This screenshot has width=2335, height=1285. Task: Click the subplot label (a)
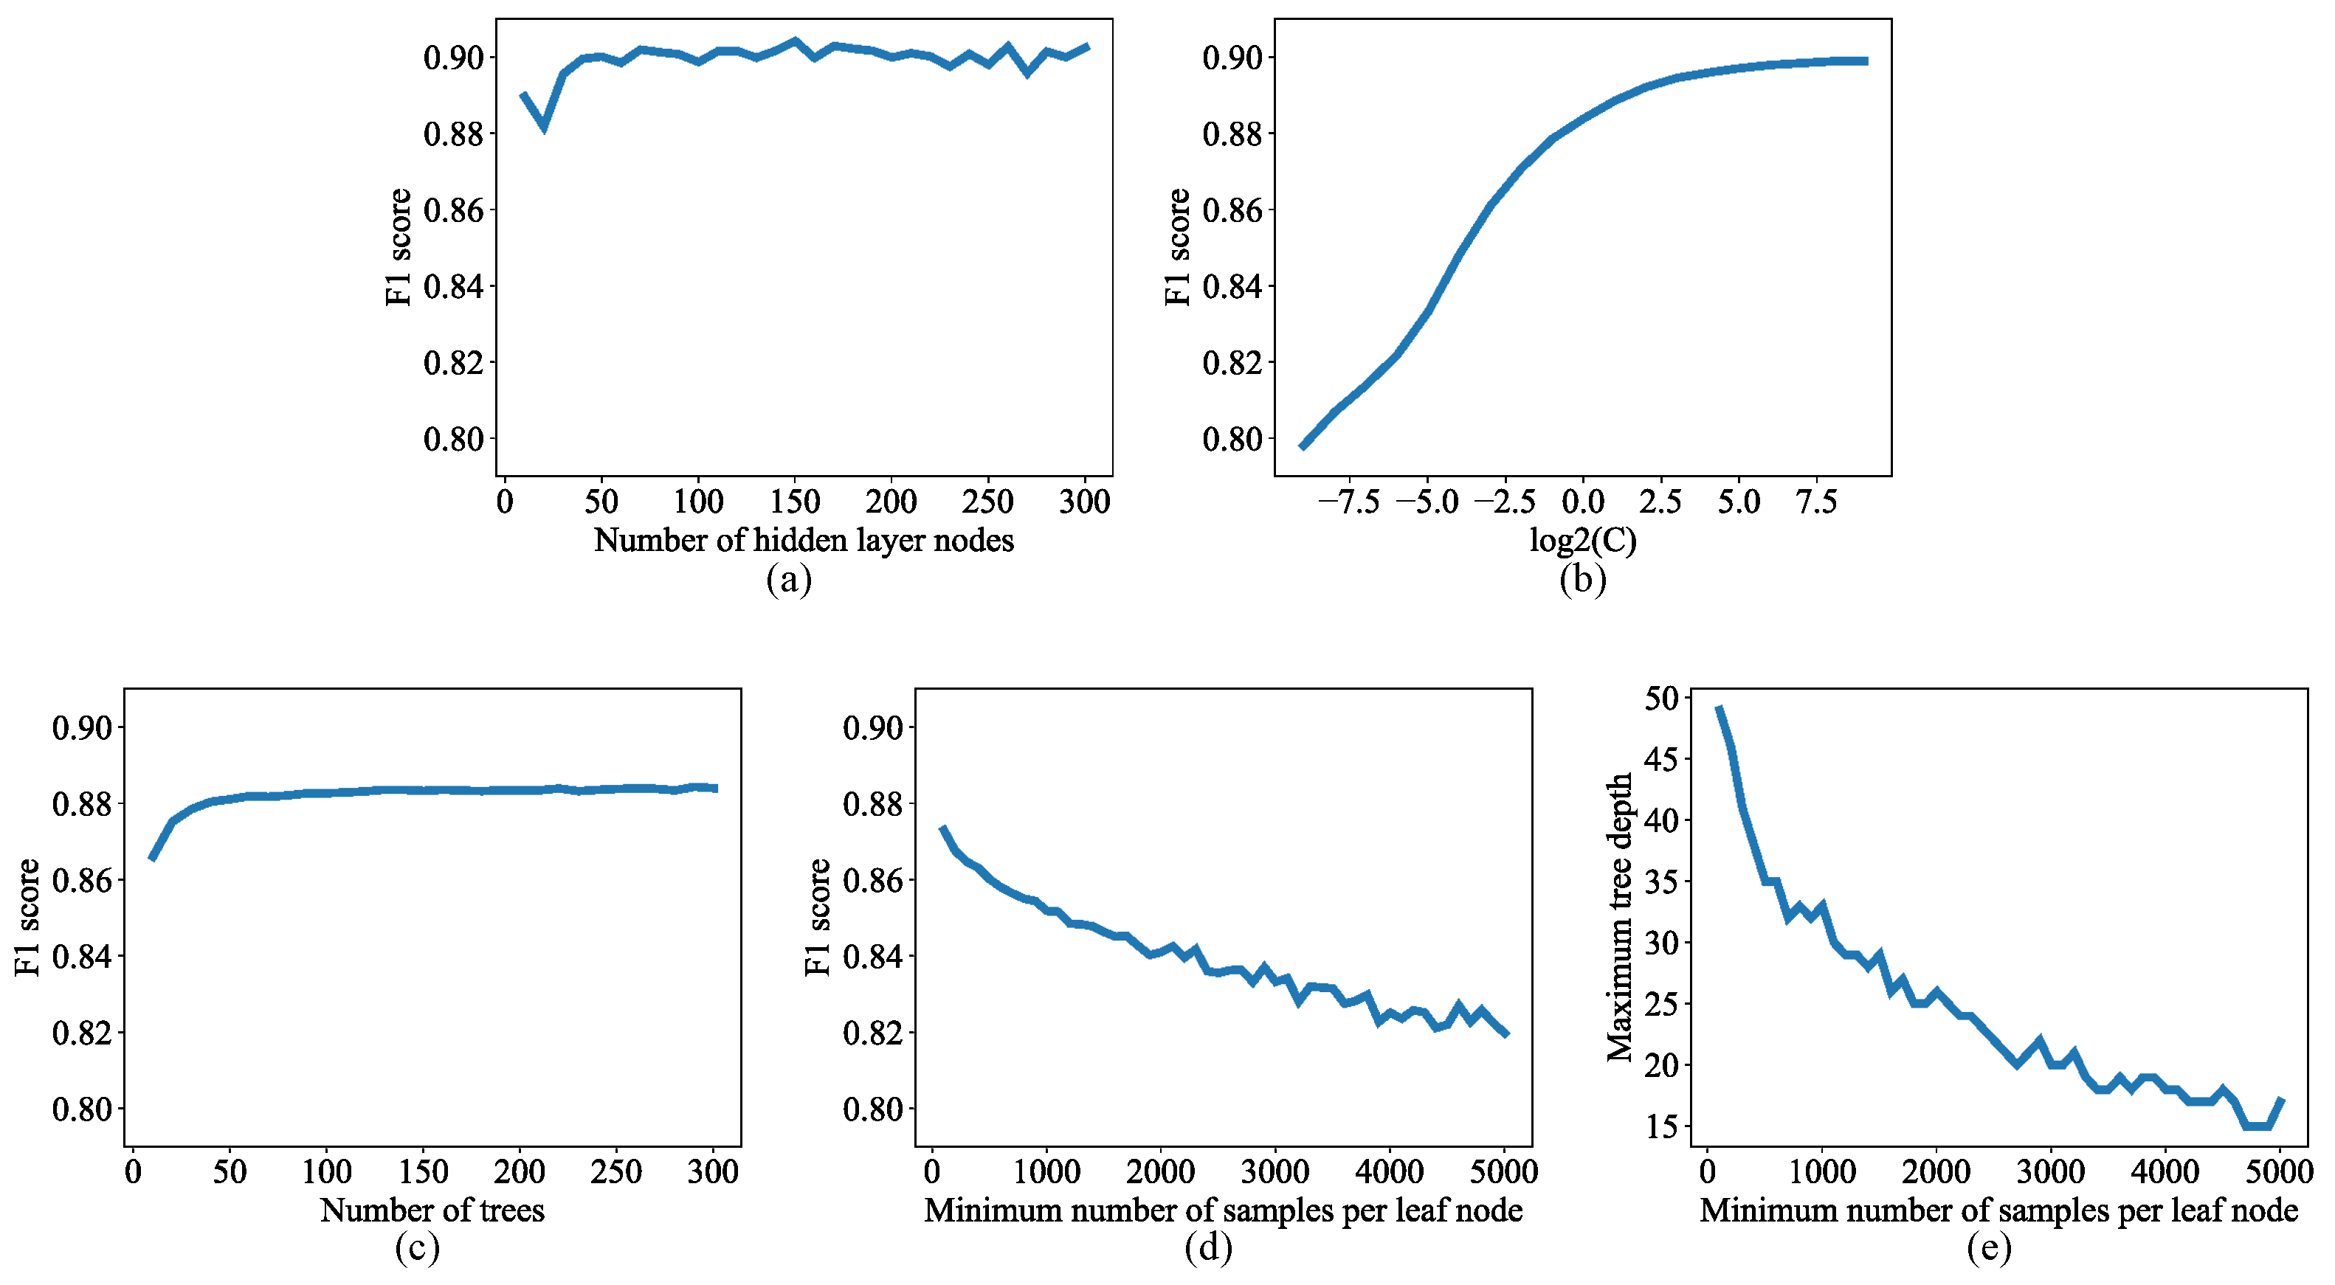[789, 579]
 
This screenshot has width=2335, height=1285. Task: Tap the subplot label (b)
[1583, 579]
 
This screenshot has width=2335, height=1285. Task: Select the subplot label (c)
[417, 1248]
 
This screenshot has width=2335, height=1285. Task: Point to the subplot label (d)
[1208, 1248]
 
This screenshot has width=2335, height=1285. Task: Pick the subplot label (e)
[1989, 1248]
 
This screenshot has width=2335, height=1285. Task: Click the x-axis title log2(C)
[1583, 540]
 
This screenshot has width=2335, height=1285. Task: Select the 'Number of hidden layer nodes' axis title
[804, 540]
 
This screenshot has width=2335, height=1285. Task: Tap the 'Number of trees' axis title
[432, 1210]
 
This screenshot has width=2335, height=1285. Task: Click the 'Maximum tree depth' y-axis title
[1619, 917]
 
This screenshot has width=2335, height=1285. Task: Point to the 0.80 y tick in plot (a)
[453, 440]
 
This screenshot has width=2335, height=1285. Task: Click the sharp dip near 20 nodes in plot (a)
[544, 126]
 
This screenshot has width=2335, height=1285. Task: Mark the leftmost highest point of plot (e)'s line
[1719, 707]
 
